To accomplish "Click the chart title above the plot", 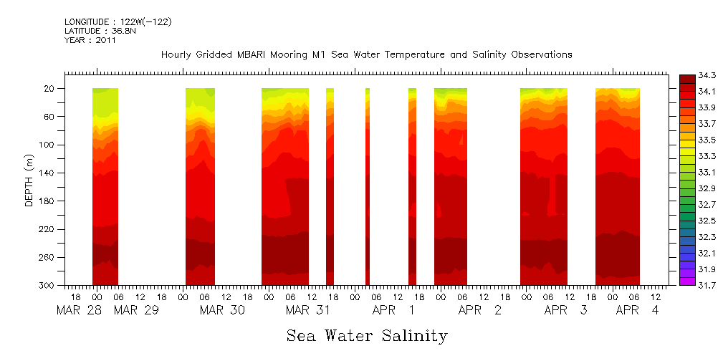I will pyautogui.click(x=366, y=55).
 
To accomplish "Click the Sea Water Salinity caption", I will pyautogui.click(x=367, y=335).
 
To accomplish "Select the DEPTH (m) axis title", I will pyautogui.click(x=29, y=180).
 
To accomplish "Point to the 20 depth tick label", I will pyautogui.click(x=50, y=88).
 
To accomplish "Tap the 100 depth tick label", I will pyautogui.click(x=48, y=145).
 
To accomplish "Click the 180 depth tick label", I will pyautogui.click(x=48, y=201).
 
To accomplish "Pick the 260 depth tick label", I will pyautogui.click(x=48, y=257).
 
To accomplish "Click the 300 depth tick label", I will pyautogui.click(x=48, y=286).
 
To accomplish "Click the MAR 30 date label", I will pyautogui.click(x=222, y=311).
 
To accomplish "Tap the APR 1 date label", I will pyautogui.click(x=393, y=311).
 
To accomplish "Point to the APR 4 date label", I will pyautogui.click(x=638, y=311).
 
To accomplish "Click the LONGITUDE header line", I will pyautogui.click(x=118, y=22).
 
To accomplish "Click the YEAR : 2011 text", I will pyautogui.click(x=90, y=41).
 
